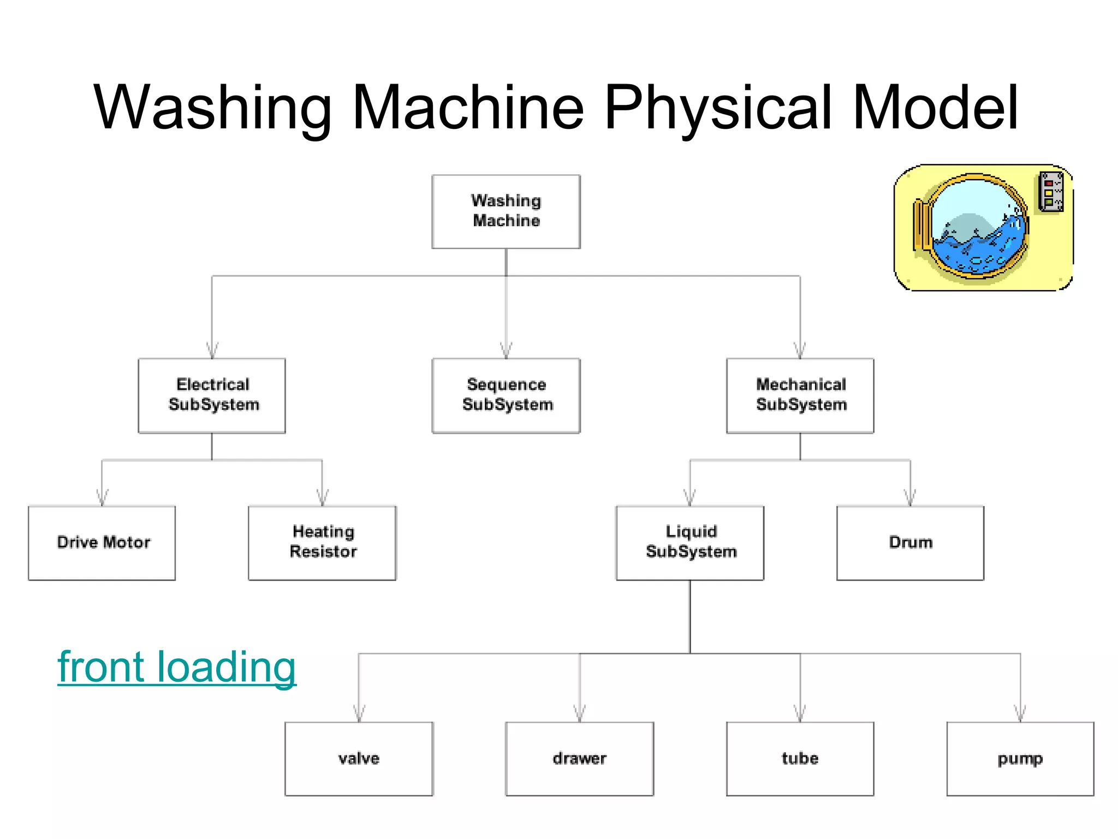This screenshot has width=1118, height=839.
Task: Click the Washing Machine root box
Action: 506,211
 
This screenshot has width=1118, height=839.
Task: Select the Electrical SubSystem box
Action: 212,395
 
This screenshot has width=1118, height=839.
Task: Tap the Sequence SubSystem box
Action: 506,395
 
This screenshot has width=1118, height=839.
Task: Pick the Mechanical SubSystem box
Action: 800,395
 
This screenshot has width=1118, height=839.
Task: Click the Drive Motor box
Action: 102,542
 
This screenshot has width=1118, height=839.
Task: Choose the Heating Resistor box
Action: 322,542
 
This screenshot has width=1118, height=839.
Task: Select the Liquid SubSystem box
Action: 690,542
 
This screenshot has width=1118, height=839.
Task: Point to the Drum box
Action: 910,542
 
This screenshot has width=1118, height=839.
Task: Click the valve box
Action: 359,759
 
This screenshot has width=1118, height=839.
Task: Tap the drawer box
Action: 579,759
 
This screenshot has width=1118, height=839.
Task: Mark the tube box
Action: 800,759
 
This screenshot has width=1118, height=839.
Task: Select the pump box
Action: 1020,759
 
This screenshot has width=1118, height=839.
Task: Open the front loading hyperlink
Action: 177,667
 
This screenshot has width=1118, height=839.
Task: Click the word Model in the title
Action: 935,108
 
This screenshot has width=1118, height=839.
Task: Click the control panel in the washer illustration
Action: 1050,192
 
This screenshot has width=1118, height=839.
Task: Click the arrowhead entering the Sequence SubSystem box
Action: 506,351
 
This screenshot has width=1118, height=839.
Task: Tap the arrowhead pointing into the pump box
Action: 1020,714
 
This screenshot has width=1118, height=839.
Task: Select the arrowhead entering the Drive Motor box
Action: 102,498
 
